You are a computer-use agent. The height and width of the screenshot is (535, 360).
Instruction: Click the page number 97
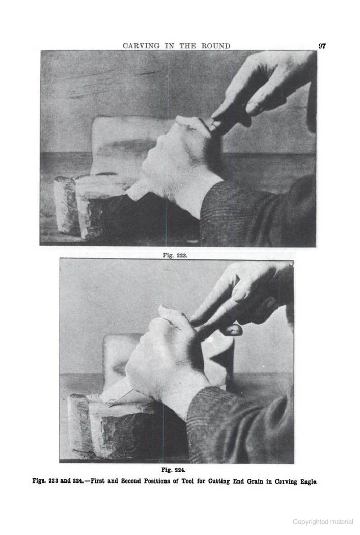(x=322, y=46)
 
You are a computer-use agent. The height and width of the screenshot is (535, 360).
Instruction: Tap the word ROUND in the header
(x=216, y=46)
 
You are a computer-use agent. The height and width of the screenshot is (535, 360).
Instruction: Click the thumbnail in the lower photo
(x=234, y=330)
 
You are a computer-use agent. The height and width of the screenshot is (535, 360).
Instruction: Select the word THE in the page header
(x=187, y=46)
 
